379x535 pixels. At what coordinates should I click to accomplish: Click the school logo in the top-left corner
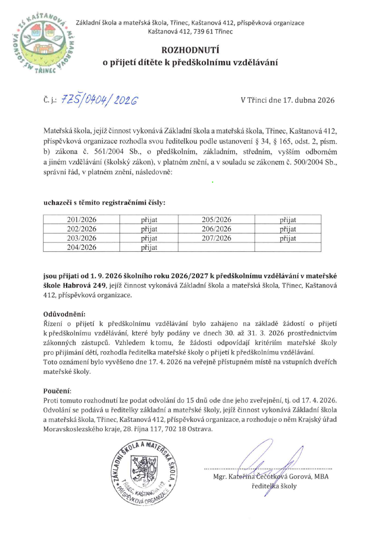tap(37, 44)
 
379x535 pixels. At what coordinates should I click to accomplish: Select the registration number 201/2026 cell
tap(82, 220)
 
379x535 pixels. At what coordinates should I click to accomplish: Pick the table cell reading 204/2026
tap(82, 248)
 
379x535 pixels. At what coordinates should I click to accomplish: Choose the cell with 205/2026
tap(216, 220)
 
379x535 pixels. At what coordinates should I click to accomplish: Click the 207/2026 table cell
tap(216, 239)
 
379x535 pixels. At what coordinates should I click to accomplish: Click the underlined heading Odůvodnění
tap(63, 314)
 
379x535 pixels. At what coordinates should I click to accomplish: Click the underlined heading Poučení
tap(57, 391)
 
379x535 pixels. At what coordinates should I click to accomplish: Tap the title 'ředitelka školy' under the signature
tap(274, 486)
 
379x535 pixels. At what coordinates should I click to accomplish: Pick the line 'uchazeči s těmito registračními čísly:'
tap(104, 202)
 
